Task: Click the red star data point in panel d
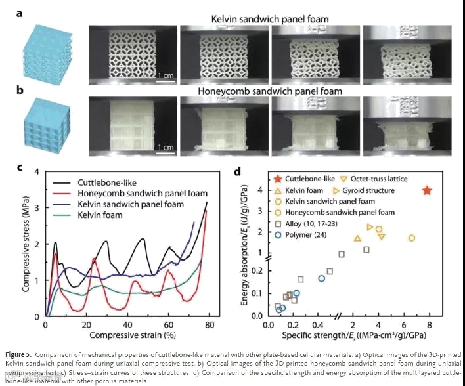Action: click(428, 190)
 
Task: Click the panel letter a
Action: click(21, 11)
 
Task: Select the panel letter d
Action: click(237, 172)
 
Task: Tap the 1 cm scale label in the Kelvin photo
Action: click(165, 76)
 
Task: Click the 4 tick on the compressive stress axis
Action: click(37, 172)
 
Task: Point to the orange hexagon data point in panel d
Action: click(412, 238)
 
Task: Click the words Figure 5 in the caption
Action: click(19, 354)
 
